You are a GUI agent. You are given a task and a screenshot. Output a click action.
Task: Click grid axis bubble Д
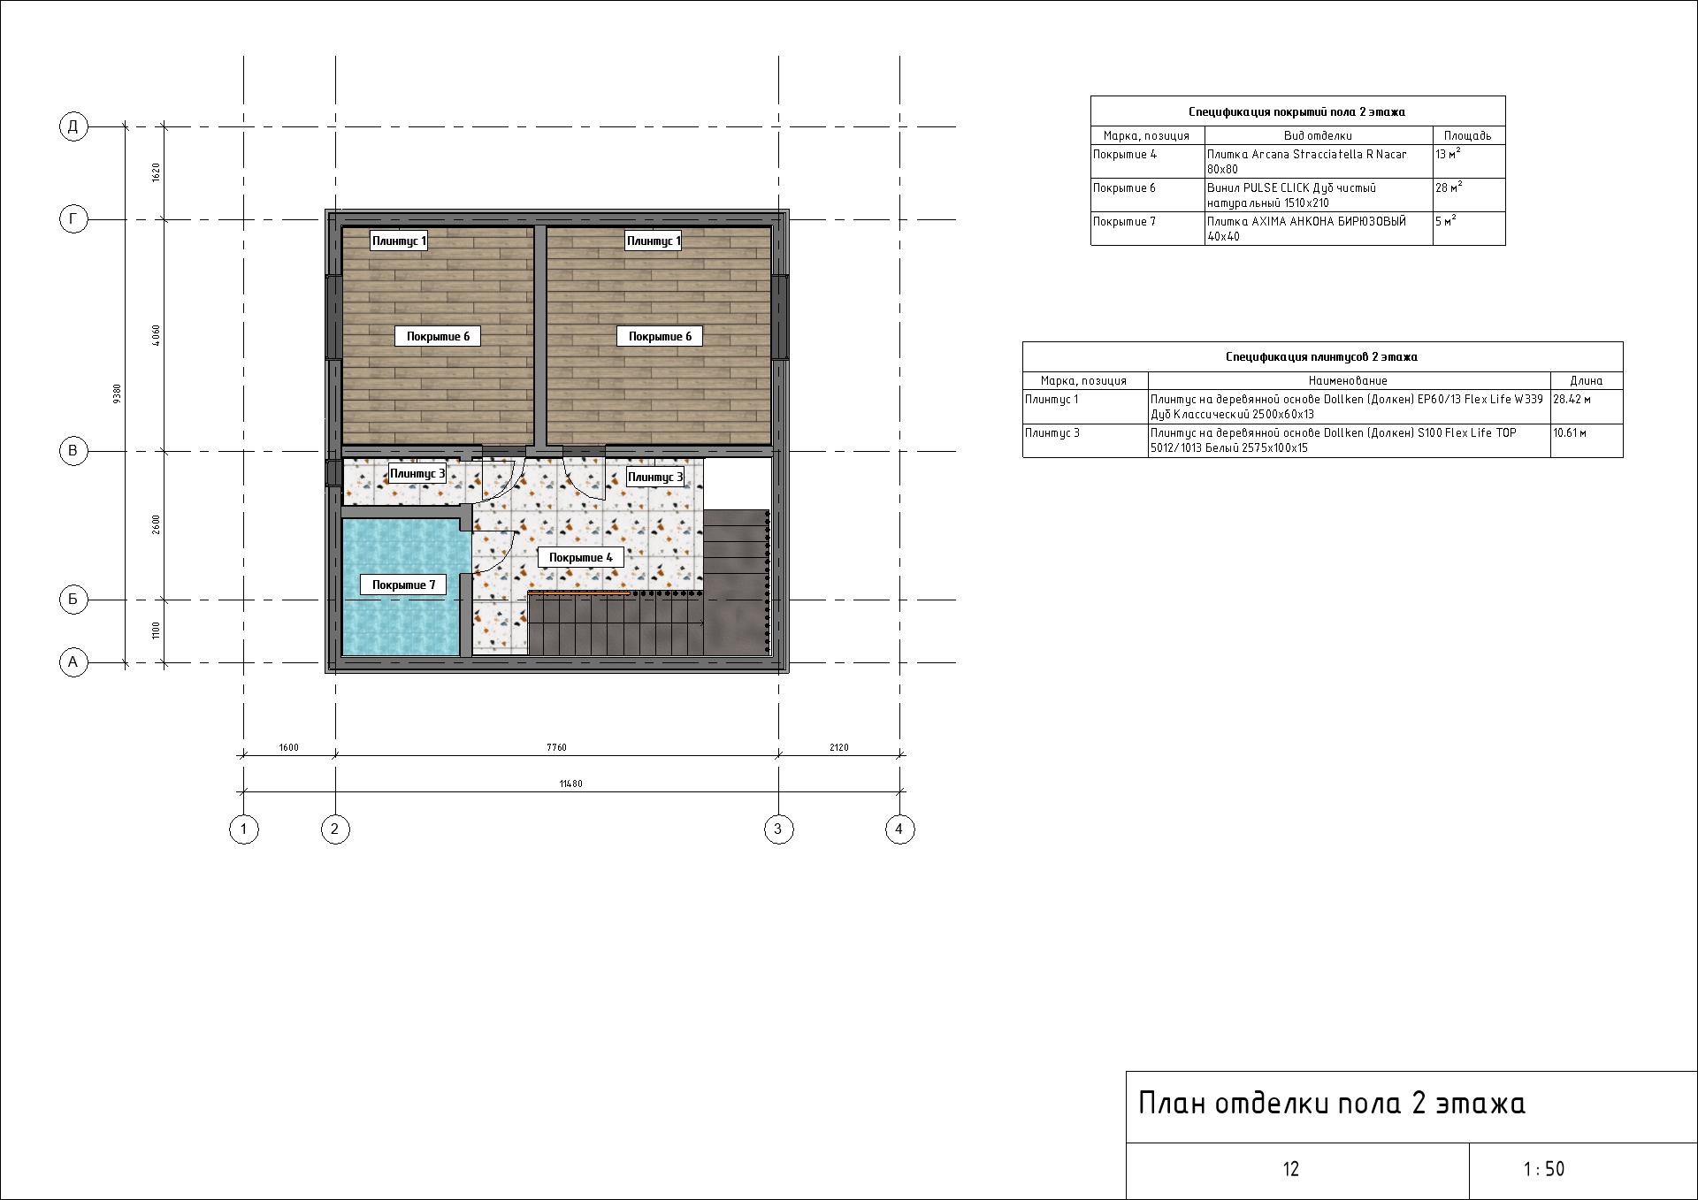[73, 126]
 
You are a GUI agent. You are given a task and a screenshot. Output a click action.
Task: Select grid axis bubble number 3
[778, 829]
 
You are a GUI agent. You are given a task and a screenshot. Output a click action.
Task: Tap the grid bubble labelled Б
[73, 600]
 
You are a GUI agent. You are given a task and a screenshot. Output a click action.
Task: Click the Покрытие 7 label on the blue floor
[403, 585]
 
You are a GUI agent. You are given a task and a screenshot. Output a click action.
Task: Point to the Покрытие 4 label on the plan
[580, 557]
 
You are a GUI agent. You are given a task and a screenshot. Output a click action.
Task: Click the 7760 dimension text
[556, 747]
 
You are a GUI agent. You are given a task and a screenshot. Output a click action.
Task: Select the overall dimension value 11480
[570, 783]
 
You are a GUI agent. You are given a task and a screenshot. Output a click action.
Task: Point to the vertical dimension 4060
[157, 335]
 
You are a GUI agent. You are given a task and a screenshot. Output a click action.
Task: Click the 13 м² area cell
[1448, 155]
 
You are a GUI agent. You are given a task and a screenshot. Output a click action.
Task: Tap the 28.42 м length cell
[1572, 400]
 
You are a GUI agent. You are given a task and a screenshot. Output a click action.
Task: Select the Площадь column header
[1467, 135]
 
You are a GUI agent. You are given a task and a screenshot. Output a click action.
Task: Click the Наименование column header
[1348, 380]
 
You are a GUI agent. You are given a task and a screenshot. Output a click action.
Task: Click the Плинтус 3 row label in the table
[1052, 433]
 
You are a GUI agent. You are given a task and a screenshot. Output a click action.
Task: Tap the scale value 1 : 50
[1543, 1169]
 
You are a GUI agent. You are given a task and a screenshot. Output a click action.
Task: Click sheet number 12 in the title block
[1290, 1169]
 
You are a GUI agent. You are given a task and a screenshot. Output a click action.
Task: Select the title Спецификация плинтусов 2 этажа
[1321, 356]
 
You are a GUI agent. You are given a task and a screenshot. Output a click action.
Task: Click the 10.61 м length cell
[1570, 433]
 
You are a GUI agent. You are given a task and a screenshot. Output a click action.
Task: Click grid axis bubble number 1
[244, 829]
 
